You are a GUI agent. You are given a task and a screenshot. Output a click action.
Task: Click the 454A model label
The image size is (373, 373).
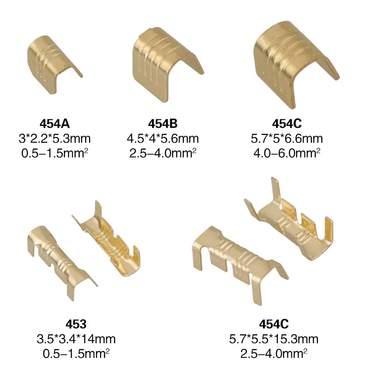pos(55,124)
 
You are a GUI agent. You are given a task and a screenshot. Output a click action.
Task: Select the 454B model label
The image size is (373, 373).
pos(163,124)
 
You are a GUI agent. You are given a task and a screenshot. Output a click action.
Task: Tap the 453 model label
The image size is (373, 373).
pos(76,324)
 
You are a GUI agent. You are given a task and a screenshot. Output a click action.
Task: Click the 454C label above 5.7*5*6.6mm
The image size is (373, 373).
pos(287,124)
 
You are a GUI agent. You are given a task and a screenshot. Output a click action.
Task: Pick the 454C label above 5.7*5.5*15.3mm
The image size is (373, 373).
pos(274,324)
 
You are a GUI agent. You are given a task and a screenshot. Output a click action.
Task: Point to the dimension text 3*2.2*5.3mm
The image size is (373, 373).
pos(55,138)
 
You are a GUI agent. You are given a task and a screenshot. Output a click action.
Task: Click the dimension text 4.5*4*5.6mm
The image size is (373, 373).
pos(163,138)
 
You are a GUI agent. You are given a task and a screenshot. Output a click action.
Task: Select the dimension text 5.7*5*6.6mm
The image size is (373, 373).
pos(287,138)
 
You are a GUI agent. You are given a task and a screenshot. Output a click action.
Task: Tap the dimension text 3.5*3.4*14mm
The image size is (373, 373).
pos(76,339)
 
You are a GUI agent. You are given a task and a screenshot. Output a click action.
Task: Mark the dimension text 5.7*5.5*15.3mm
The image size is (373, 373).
pos(274,339)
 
